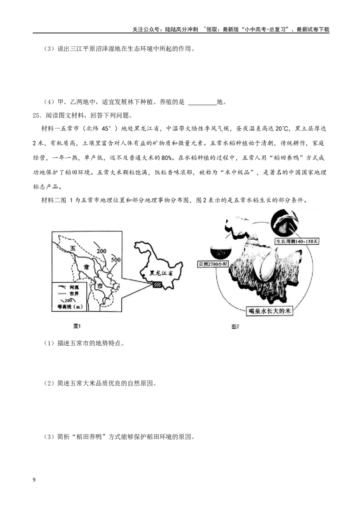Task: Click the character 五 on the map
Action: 72,248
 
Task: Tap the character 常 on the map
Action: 86,267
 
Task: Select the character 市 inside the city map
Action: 99,286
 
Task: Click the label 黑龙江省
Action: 160,273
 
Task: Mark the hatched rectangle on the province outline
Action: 157,285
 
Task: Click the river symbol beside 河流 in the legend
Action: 60,287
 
